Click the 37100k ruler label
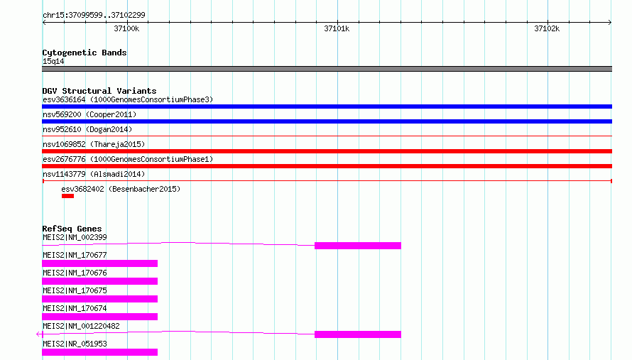tap(126, 28)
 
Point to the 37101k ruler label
tap(337, 28)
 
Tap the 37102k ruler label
tap(547, 28)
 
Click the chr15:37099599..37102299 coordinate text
tap(94, 15)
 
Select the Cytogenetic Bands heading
tap(85, 53)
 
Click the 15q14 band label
tap(53, 61)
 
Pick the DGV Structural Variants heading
tap(99, 91)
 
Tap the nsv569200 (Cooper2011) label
tap(89, 114)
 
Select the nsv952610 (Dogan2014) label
tap(87, 129)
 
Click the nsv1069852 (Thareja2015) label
tap(94, 144)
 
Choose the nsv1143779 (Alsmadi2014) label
tap(94, 174)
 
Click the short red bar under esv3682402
tap(67, 196)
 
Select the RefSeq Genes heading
tap(72, 229)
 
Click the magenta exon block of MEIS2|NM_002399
tap(358, 246)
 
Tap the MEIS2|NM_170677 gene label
tap(75, 255)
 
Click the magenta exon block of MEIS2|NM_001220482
tap(358, 334)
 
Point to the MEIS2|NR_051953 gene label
tap(75, 344)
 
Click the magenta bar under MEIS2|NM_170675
tap(100, 299)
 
